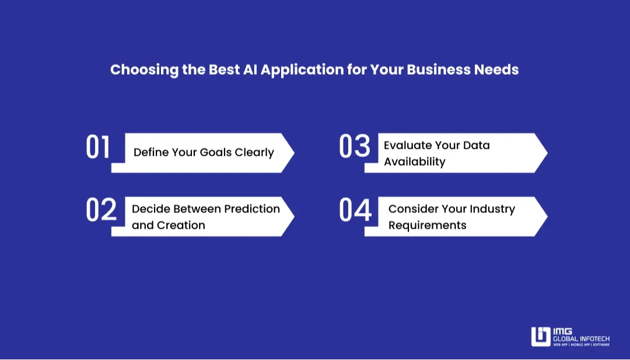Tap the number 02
(x=101, y=210)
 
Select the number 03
(x=355, y=147)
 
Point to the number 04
(x=355, y=210)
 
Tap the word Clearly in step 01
(x=254, y=153)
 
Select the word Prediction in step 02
(x=252, y=209)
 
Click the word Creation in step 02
(x=181, y=225)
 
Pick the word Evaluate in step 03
(x=407, y=145)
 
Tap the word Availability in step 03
(x=414, y=162)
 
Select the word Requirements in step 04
(x=427, y=225)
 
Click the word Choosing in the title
(x=136, y=70)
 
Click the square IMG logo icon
(x=540, y=337)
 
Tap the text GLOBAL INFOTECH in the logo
(x=581, y=338)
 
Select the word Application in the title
(x=302, y=70)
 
